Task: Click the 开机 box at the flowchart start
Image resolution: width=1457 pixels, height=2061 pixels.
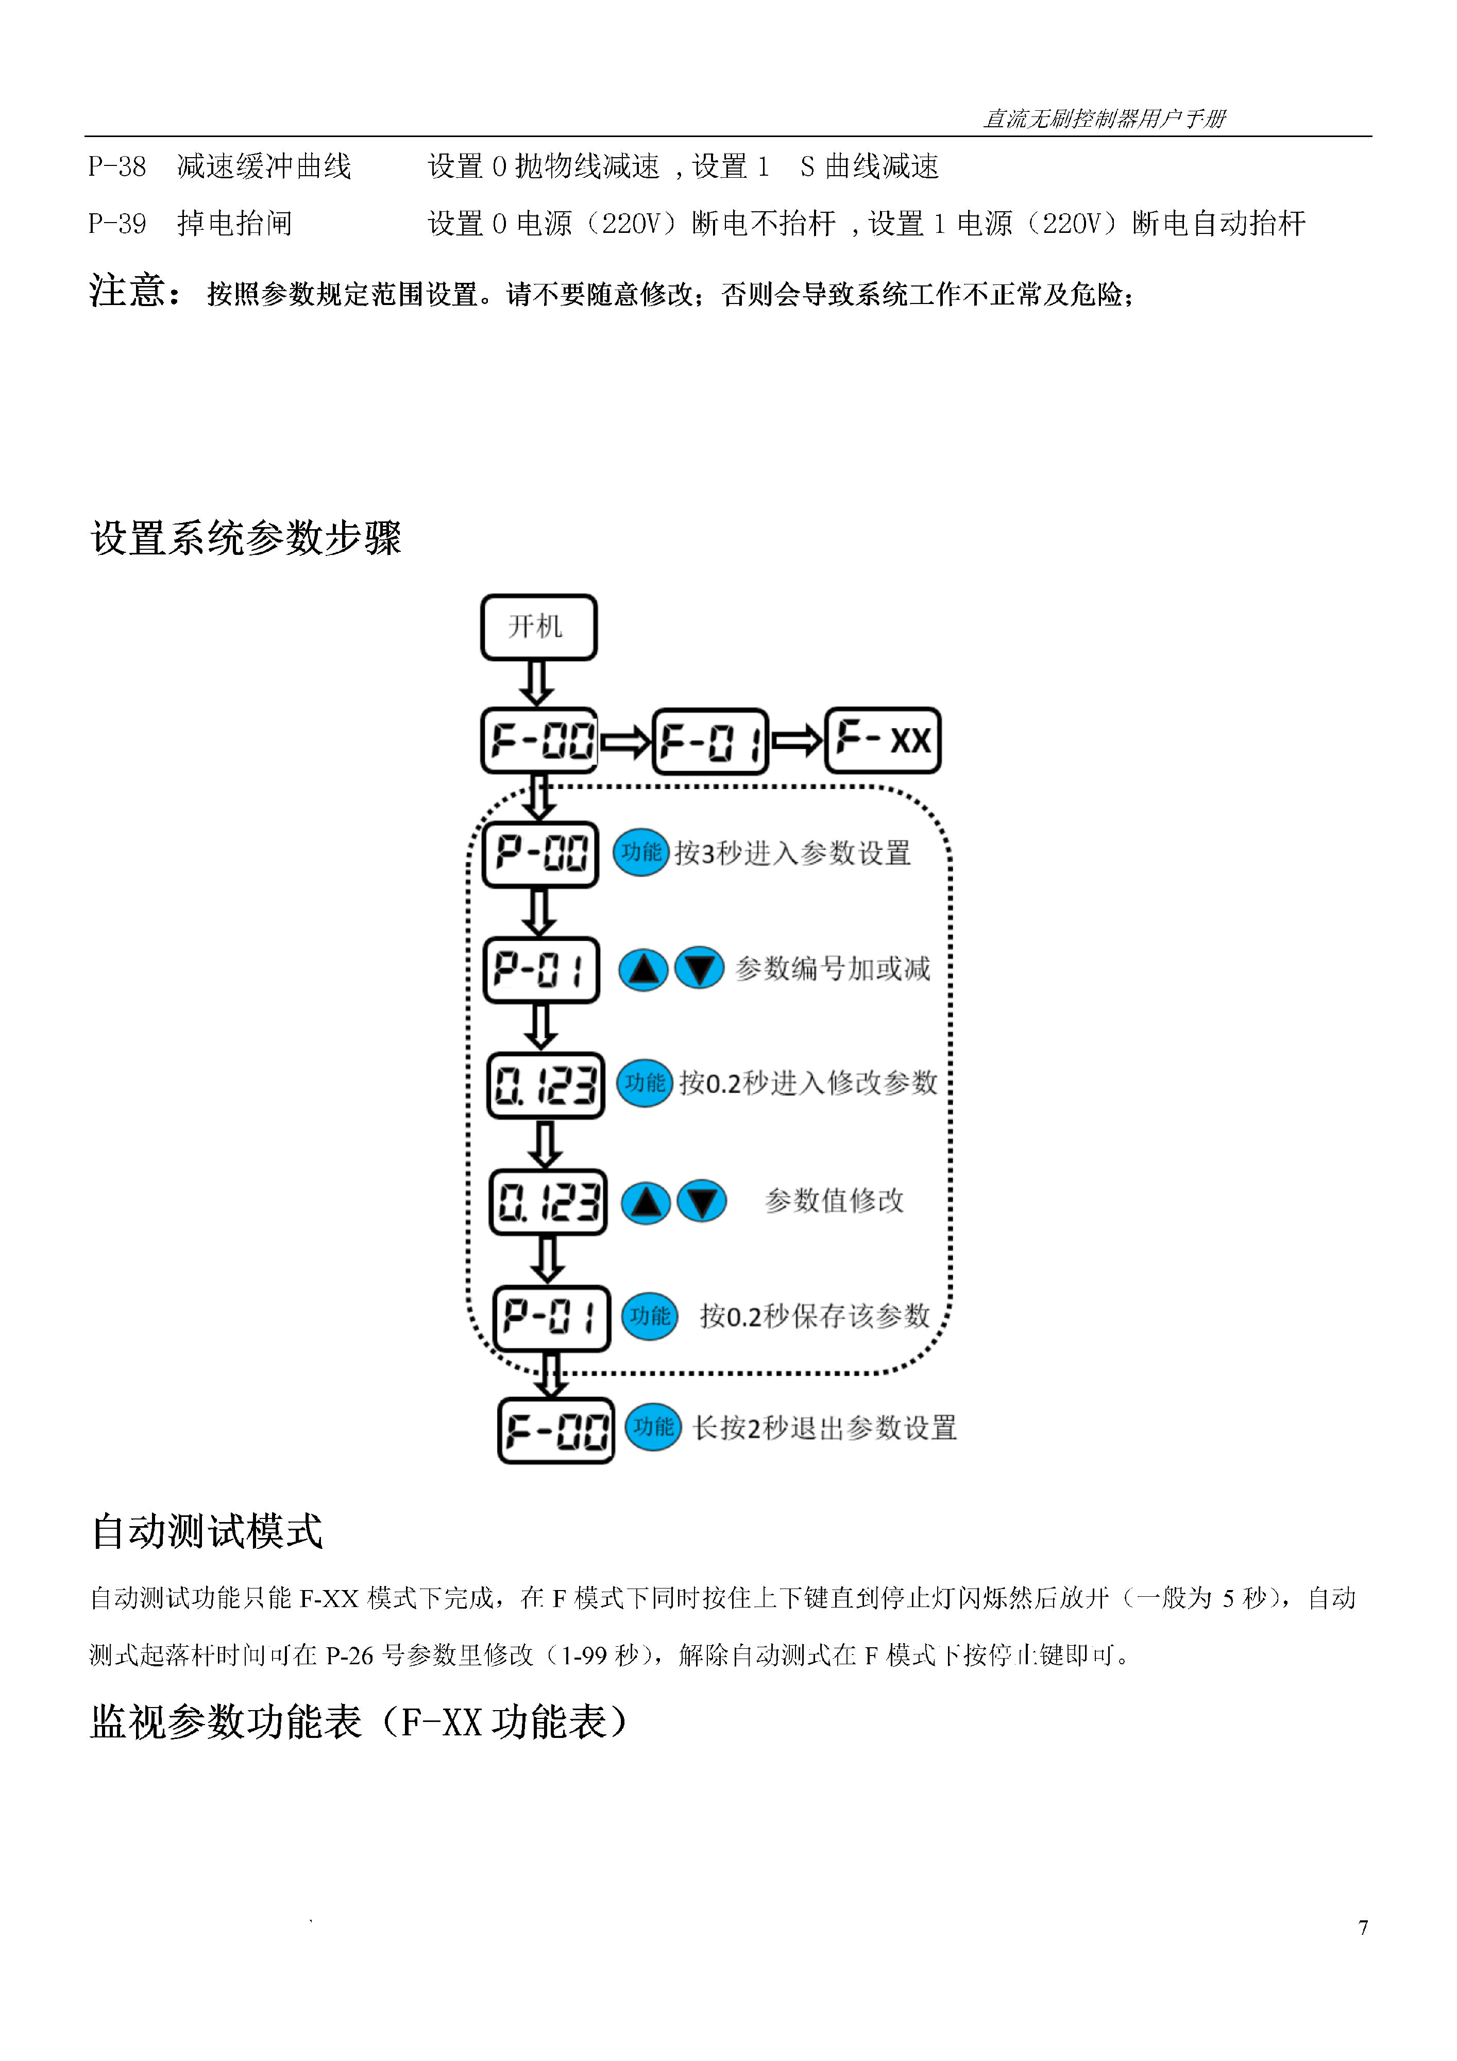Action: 538,628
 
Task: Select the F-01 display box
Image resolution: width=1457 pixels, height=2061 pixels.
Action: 710,741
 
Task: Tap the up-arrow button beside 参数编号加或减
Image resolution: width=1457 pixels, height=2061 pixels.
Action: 643,970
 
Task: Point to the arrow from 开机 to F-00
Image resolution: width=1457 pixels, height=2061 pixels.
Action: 537,684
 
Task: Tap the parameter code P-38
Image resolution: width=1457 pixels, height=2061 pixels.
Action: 117,167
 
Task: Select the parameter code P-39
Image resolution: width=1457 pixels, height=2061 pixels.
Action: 117,224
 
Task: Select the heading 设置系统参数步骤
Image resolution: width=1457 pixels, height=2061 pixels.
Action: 245,538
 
